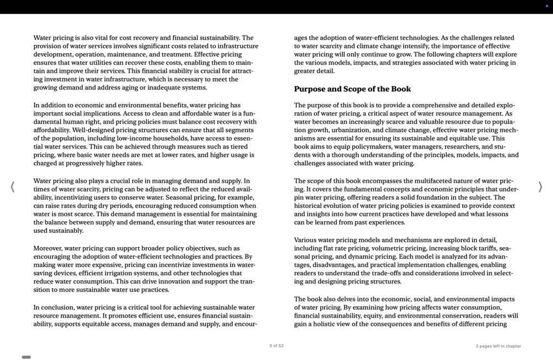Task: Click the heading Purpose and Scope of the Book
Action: (352, 89)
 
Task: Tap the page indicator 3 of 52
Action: (276, 346)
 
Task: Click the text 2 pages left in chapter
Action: (498, 346)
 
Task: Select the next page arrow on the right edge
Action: (540, 187)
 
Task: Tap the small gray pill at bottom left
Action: (26, 357)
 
